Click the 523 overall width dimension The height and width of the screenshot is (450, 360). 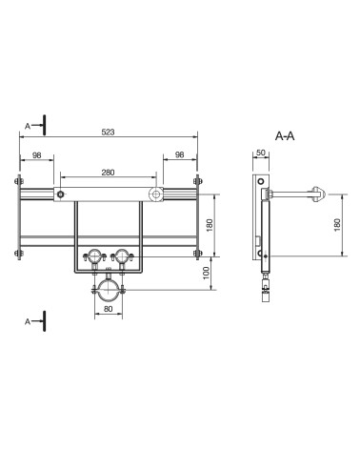click(x=108, y=132)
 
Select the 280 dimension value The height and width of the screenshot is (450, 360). click(x=108, y=173)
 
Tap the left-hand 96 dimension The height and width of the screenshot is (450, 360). click(x=37, y=155)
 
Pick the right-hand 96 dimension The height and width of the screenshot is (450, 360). click(x=180, y=154)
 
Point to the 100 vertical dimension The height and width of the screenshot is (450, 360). click(x=207, y=273)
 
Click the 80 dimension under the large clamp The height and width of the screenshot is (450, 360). click(x=109, y=309)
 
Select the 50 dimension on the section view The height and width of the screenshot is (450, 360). click(x=261, y=153)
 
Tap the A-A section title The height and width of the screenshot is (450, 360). click(x=285, y=136)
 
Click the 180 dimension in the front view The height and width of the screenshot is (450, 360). click(x=210, y=225)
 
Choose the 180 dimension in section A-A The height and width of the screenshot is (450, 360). click(x=337, y=225)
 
